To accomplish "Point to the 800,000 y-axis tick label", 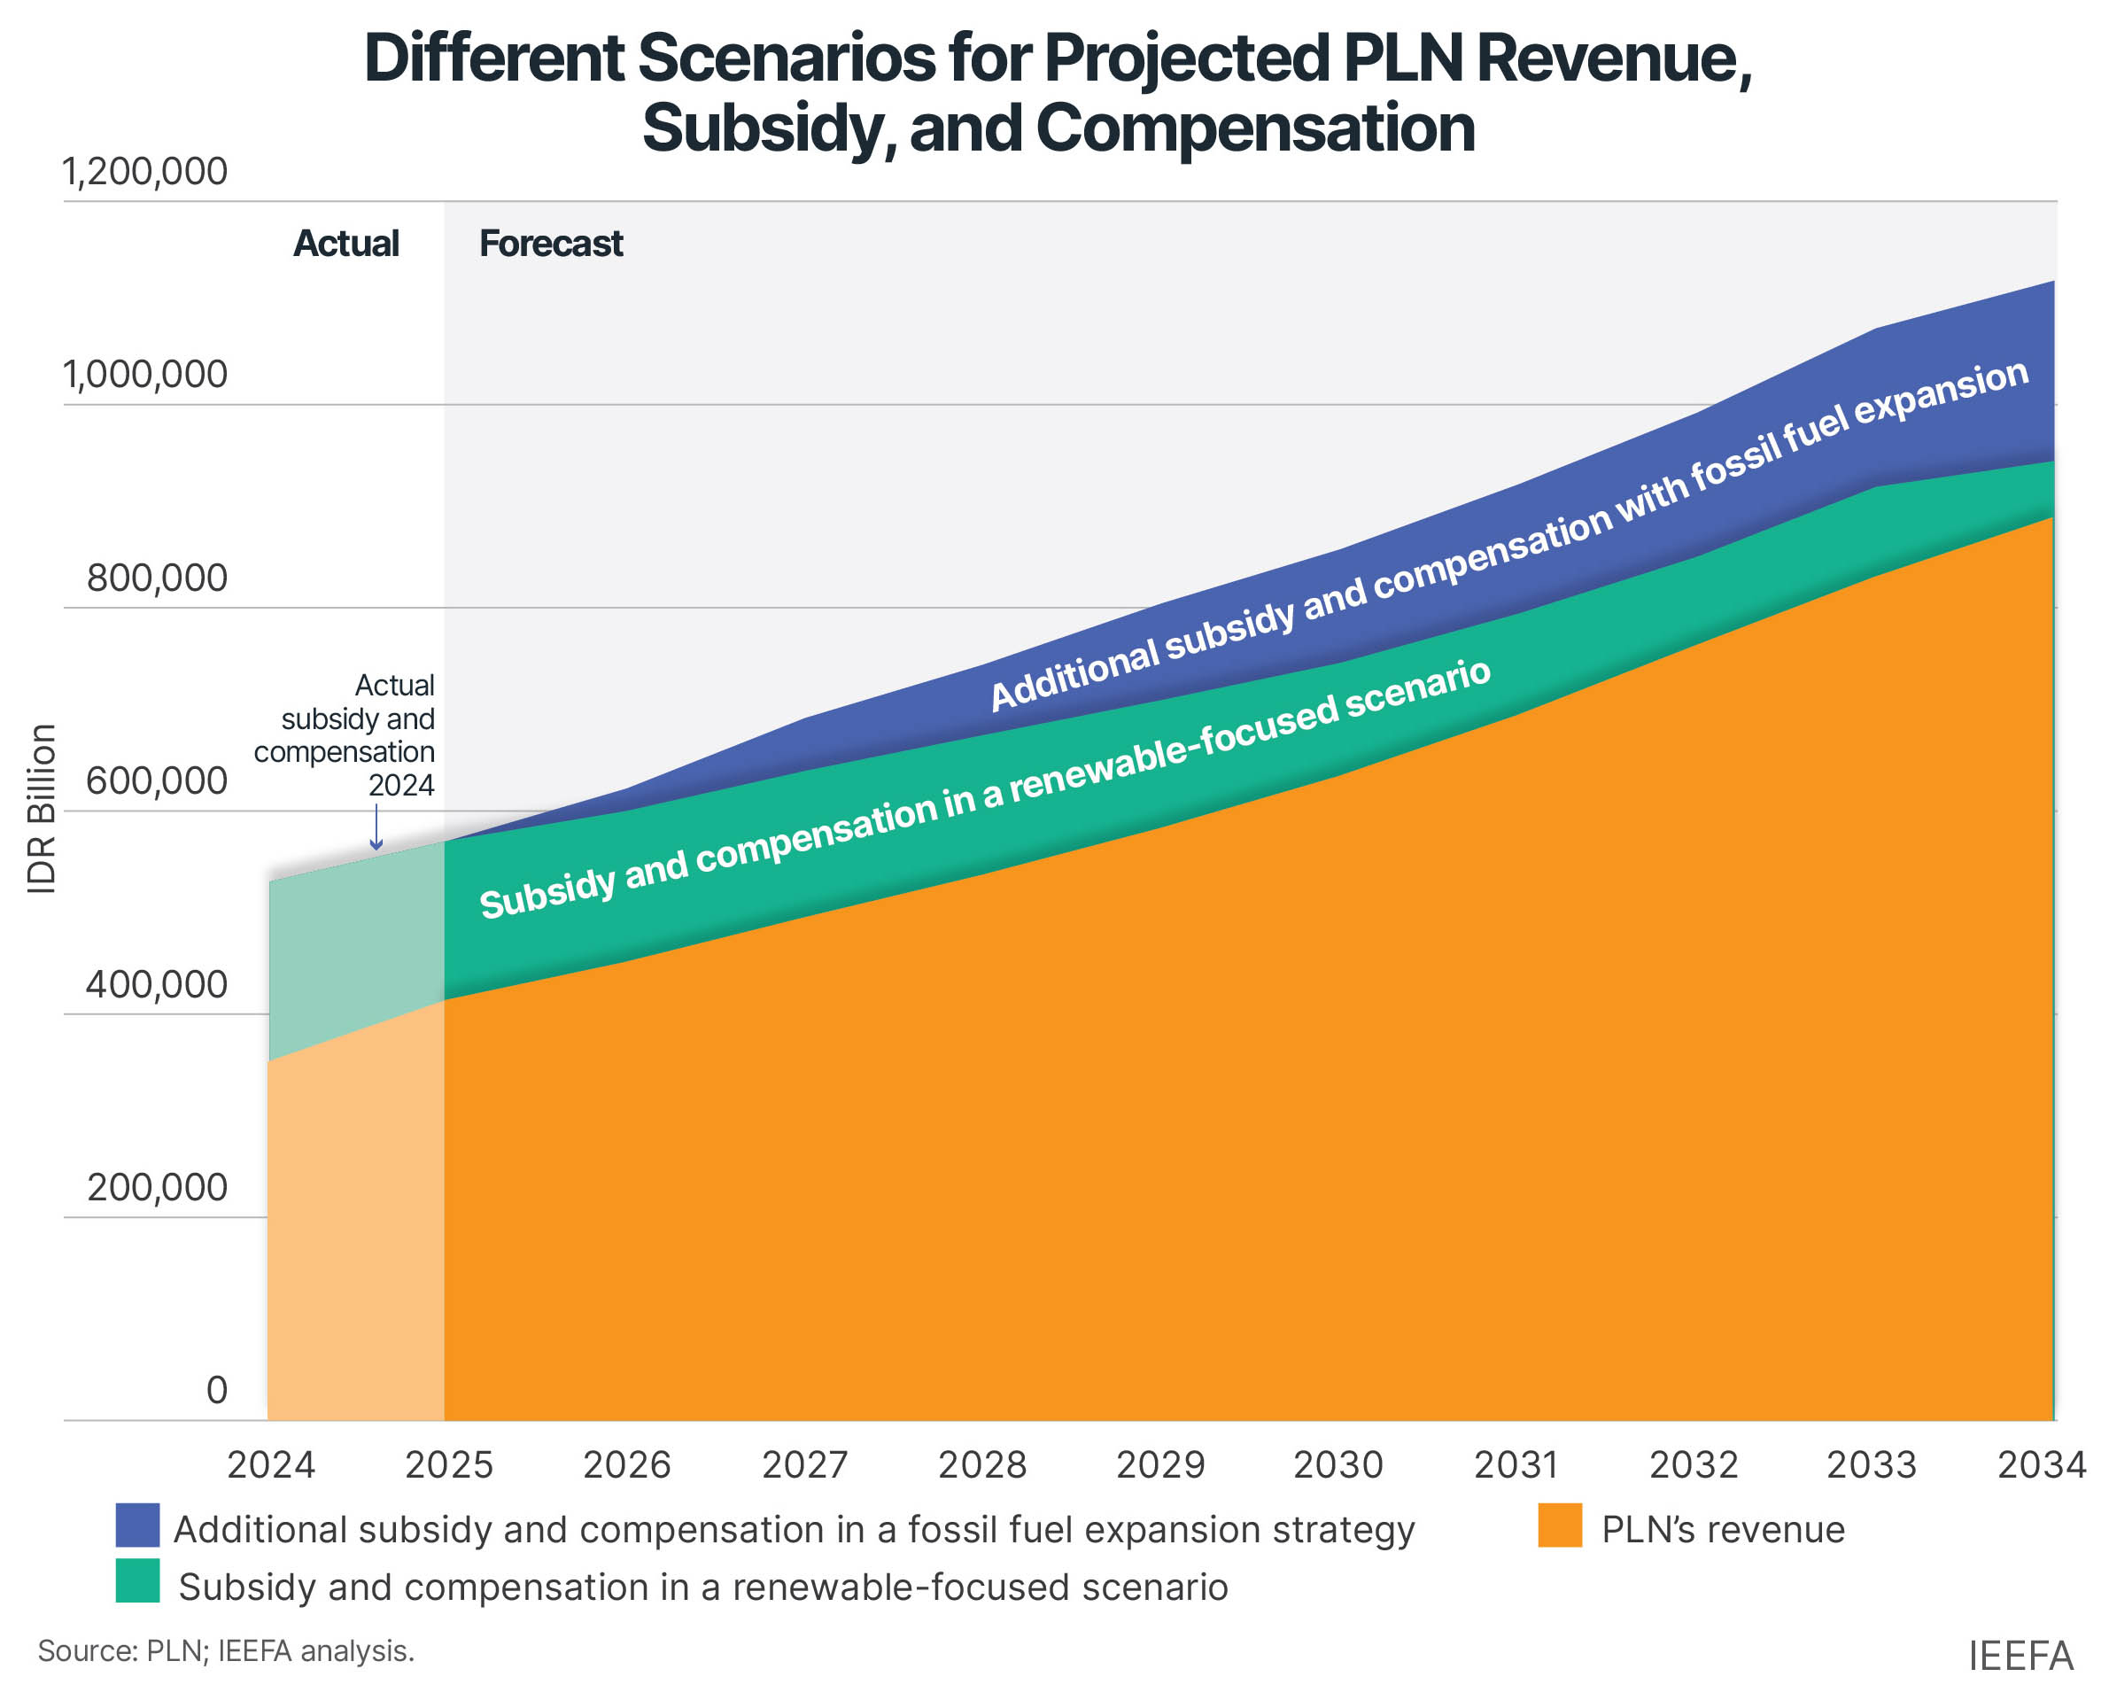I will point(157,578).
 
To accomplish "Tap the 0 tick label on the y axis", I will point(216,1390).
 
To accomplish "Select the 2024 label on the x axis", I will point(271,1465).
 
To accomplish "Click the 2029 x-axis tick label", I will point(1160,1465).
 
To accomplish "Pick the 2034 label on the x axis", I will point(2042,1465).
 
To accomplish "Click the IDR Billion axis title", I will point(41,809).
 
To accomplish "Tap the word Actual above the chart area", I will point(345,243).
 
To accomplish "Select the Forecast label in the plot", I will point(550,243).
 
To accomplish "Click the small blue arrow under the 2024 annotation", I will point(376,827).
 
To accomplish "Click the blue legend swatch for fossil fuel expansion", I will point(137,1525).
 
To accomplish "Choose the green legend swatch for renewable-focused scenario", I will point(137,1580).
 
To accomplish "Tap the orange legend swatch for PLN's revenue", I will point(1559,1525).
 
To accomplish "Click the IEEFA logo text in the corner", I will point(2020,1656).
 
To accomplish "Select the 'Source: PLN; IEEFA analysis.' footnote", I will point(226,1651).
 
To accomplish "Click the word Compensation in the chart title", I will point(1254,128).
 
